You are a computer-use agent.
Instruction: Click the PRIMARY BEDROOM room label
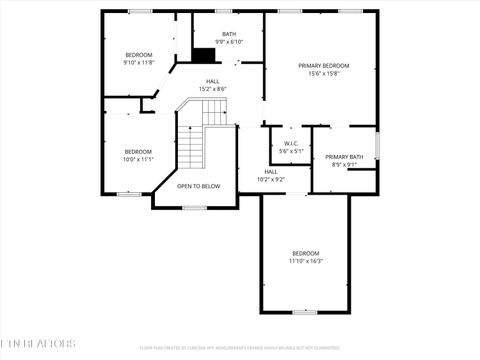(321, 66)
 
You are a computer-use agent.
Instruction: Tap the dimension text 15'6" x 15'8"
(321, 74)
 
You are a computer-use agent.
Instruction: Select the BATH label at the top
(229, 33)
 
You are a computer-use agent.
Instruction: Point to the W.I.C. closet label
(291, 143)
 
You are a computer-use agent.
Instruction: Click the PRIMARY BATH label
(344, 157)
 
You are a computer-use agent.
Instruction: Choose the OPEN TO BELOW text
(198, 186)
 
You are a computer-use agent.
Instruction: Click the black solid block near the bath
(205, 56)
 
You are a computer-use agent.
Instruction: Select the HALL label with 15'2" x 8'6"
(213, 81)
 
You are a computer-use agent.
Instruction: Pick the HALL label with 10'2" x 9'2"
(271, 172)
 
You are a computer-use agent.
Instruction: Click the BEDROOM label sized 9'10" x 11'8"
(138, 54)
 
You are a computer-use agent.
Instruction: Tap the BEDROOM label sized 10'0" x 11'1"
(138, 151)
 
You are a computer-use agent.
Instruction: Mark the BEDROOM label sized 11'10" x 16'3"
(305, 253)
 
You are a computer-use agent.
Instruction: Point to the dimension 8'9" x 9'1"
(344, 165)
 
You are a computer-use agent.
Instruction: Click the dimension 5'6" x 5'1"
(291, 151)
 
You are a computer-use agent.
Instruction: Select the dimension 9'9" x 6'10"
(229, 41)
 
